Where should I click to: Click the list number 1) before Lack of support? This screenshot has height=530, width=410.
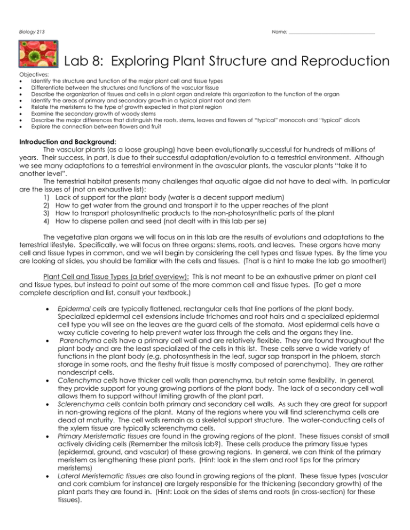(44, 220)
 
